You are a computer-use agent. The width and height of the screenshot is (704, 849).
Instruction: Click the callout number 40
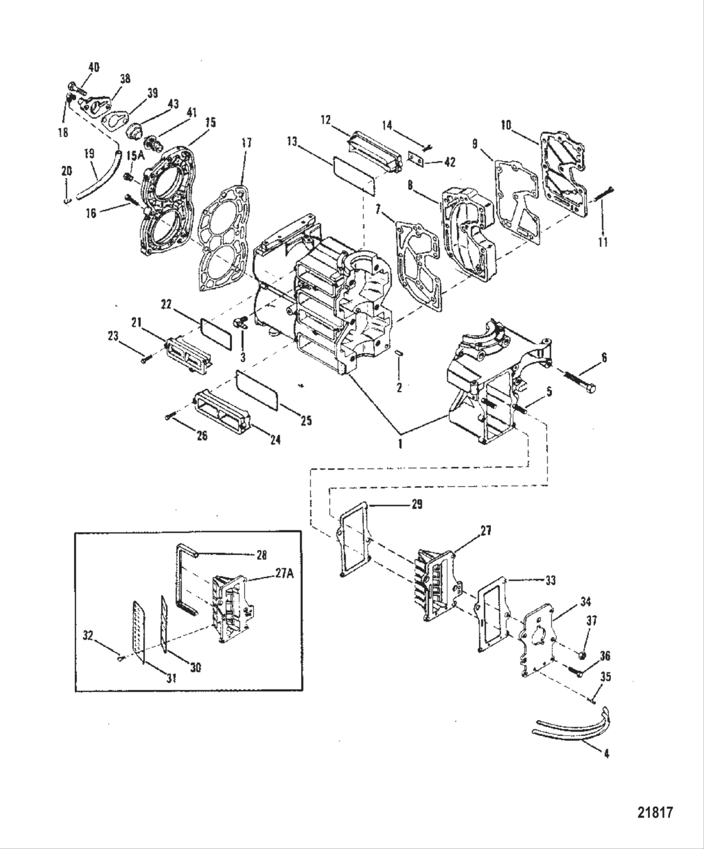click(x=93, y=68)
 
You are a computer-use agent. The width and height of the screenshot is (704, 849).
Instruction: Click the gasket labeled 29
click(x=356, y=537)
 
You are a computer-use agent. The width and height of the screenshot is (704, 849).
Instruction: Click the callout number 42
click(x=449, y=162)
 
